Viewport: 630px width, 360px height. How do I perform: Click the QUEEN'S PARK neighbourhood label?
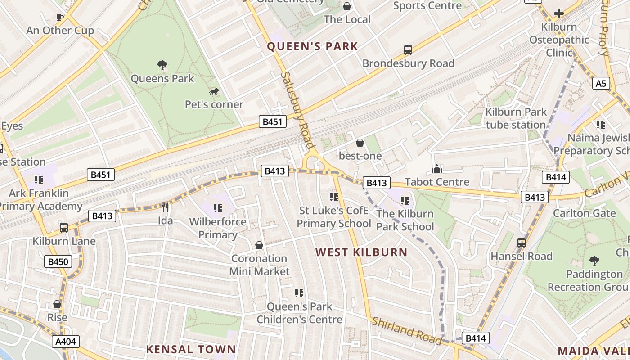[x=312, y=46]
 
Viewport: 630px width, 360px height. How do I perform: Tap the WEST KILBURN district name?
[x=361, y=252]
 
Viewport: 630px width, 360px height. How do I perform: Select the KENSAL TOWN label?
[x=191, y=349]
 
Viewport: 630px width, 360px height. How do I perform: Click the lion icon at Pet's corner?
[x=214, y=92]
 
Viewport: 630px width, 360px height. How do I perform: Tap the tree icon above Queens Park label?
[x=162, y=65]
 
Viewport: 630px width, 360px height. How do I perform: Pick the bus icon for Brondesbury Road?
[x=408, y=50]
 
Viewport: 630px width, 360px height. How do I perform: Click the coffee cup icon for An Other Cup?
[x=60, y=18]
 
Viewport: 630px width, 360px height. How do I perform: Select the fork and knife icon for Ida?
[x=165, y=207]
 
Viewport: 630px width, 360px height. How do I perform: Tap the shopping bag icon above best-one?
[x=360, y=143]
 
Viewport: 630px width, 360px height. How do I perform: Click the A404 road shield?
[x=66, y=342]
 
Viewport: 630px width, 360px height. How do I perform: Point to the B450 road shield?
[x=58, y=261]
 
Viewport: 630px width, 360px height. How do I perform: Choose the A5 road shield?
[x=601, y=83]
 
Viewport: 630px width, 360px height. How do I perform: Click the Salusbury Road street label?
[x=297, y=110]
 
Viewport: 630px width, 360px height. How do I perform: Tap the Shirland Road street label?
[x=406, y=331]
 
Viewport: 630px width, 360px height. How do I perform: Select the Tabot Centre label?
[x=437, y=182]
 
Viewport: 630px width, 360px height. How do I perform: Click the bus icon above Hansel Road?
[x=522, y=243]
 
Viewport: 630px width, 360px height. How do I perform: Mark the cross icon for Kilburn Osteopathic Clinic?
[x=559, y=13]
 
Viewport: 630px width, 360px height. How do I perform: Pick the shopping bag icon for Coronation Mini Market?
[x=259, y=245]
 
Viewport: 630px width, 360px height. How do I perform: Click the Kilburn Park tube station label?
[x=516, y=118]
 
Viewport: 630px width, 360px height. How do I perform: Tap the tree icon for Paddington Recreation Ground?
[x=594, y=261]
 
